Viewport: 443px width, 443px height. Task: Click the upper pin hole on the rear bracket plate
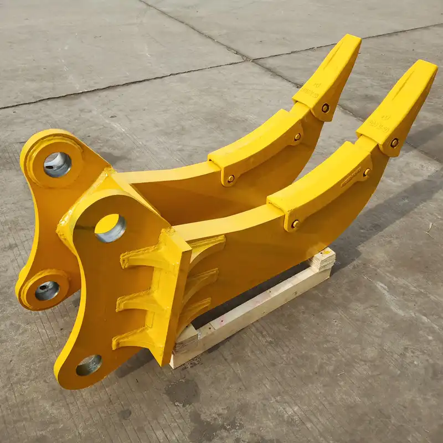point(57,164)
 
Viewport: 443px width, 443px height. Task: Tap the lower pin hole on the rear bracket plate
point(47,290)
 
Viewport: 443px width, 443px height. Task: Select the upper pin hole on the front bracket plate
point(110,228)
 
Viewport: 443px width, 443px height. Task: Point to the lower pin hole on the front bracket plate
point(89,365)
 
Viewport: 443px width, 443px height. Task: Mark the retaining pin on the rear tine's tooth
point(325,108)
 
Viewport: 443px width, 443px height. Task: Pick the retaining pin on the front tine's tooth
point(394,142)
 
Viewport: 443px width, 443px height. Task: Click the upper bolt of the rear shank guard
point(297,137)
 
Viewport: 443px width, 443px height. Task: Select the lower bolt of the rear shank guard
point(230,178)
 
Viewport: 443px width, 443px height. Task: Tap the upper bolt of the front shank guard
point(366,172)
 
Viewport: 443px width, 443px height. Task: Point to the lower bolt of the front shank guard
point(295,224)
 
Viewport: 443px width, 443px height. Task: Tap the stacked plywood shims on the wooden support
point(322,260)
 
